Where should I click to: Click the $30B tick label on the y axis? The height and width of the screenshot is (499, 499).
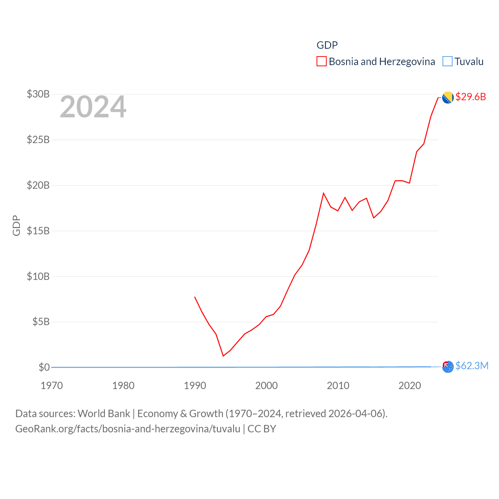(38, 94)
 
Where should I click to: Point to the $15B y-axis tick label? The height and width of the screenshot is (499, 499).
(38, 231)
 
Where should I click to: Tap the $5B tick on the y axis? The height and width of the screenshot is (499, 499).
(41, 322)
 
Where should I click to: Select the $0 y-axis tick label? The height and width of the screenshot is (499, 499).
(44, 367)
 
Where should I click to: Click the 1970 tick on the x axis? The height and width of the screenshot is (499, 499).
(52, 386)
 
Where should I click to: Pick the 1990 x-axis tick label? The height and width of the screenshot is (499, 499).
(195, 386)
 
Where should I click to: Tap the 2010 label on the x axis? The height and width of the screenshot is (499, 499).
(338, 386)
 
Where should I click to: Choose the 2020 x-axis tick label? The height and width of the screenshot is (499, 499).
(410, 386)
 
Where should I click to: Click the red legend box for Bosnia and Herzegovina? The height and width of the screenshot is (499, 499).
(322, 62)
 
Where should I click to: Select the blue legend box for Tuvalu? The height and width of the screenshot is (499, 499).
(448, 62)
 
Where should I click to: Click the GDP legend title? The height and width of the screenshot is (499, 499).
(327, 45)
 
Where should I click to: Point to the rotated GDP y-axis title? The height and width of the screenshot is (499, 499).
(16, 225)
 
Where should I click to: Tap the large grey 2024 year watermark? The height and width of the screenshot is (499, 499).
(93, 106)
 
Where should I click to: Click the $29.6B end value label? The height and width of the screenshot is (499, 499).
(471, 97)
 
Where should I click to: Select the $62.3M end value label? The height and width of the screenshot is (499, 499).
(472, 366)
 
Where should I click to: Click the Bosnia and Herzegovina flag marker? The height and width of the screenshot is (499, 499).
(448, 97)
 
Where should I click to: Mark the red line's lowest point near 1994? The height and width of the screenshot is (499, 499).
(223, 356)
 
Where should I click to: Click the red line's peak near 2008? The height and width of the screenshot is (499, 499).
(324, 193)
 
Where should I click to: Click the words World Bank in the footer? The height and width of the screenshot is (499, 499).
(104, 414)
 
